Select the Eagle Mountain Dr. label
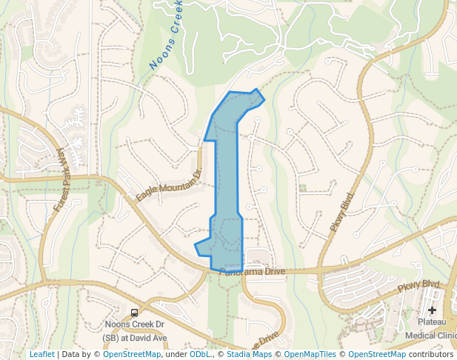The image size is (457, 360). pyautogui.click(x=169, y=185)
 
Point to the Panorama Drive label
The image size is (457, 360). pyautogui.click(x=252, y=273)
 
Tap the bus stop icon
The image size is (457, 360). pyautogui.click(x=134, y=313)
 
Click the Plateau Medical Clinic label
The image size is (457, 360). pyautogui.click(x=432, y=329)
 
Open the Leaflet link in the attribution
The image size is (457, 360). pyautogui.click(x=41, y=354)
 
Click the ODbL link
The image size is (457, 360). pyautogui.click(x=200, y=354)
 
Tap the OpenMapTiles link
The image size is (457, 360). pyautogui.click(x=310, y=354)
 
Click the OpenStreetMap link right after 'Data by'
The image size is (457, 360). pyautogui.click(x=132, y=354)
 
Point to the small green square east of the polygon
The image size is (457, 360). pyautogui.click(x=302, y=187)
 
